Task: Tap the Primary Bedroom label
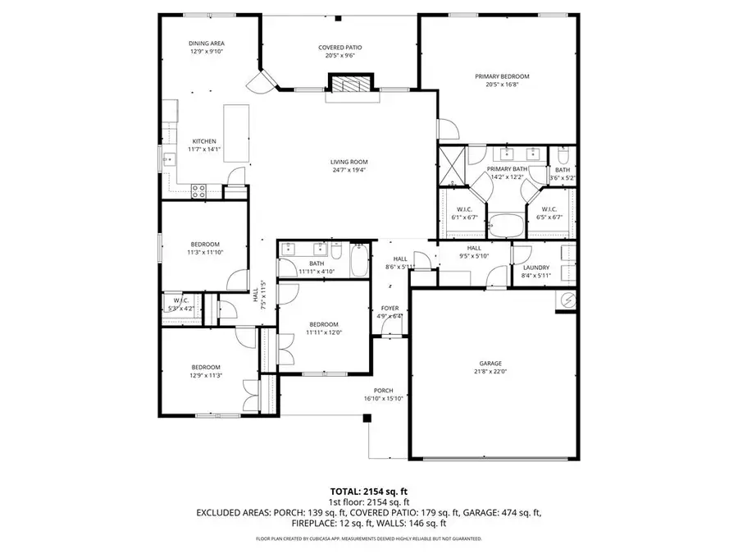pos(502,76)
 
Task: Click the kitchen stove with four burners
pos(198,191)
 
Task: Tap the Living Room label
pos(349,162)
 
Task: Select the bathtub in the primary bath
pos(507,223)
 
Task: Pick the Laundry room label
pos(535,268)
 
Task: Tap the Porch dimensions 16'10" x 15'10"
pos(383,399)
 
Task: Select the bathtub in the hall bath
pos(359,261)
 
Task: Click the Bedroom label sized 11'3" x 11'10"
pos(205,244)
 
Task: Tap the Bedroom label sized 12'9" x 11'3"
pos(206,367)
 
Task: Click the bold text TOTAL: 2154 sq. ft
pos(368,490)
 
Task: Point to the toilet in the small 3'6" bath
pos(563,156)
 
